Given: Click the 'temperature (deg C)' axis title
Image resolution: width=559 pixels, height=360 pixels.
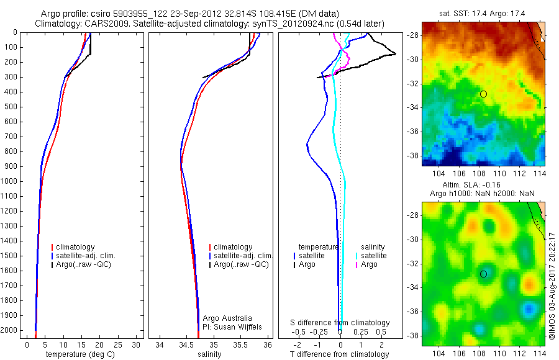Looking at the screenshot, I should click(x=81, y=354).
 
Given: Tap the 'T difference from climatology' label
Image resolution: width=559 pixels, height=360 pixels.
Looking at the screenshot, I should click(x=340, y=354).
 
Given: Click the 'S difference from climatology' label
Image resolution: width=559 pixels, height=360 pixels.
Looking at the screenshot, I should click(x=340, y=323).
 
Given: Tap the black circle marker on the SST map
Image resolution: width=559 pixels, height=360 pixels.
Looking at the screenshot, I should click(x=483, y=94).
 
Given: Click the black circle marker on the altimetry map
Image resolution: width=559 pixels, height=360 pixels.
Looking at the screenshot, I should click(x=483, y=274).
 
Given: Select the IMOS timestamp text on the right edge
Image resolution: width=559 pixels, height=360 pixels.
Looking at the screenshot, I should click(x=552, y=286).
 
